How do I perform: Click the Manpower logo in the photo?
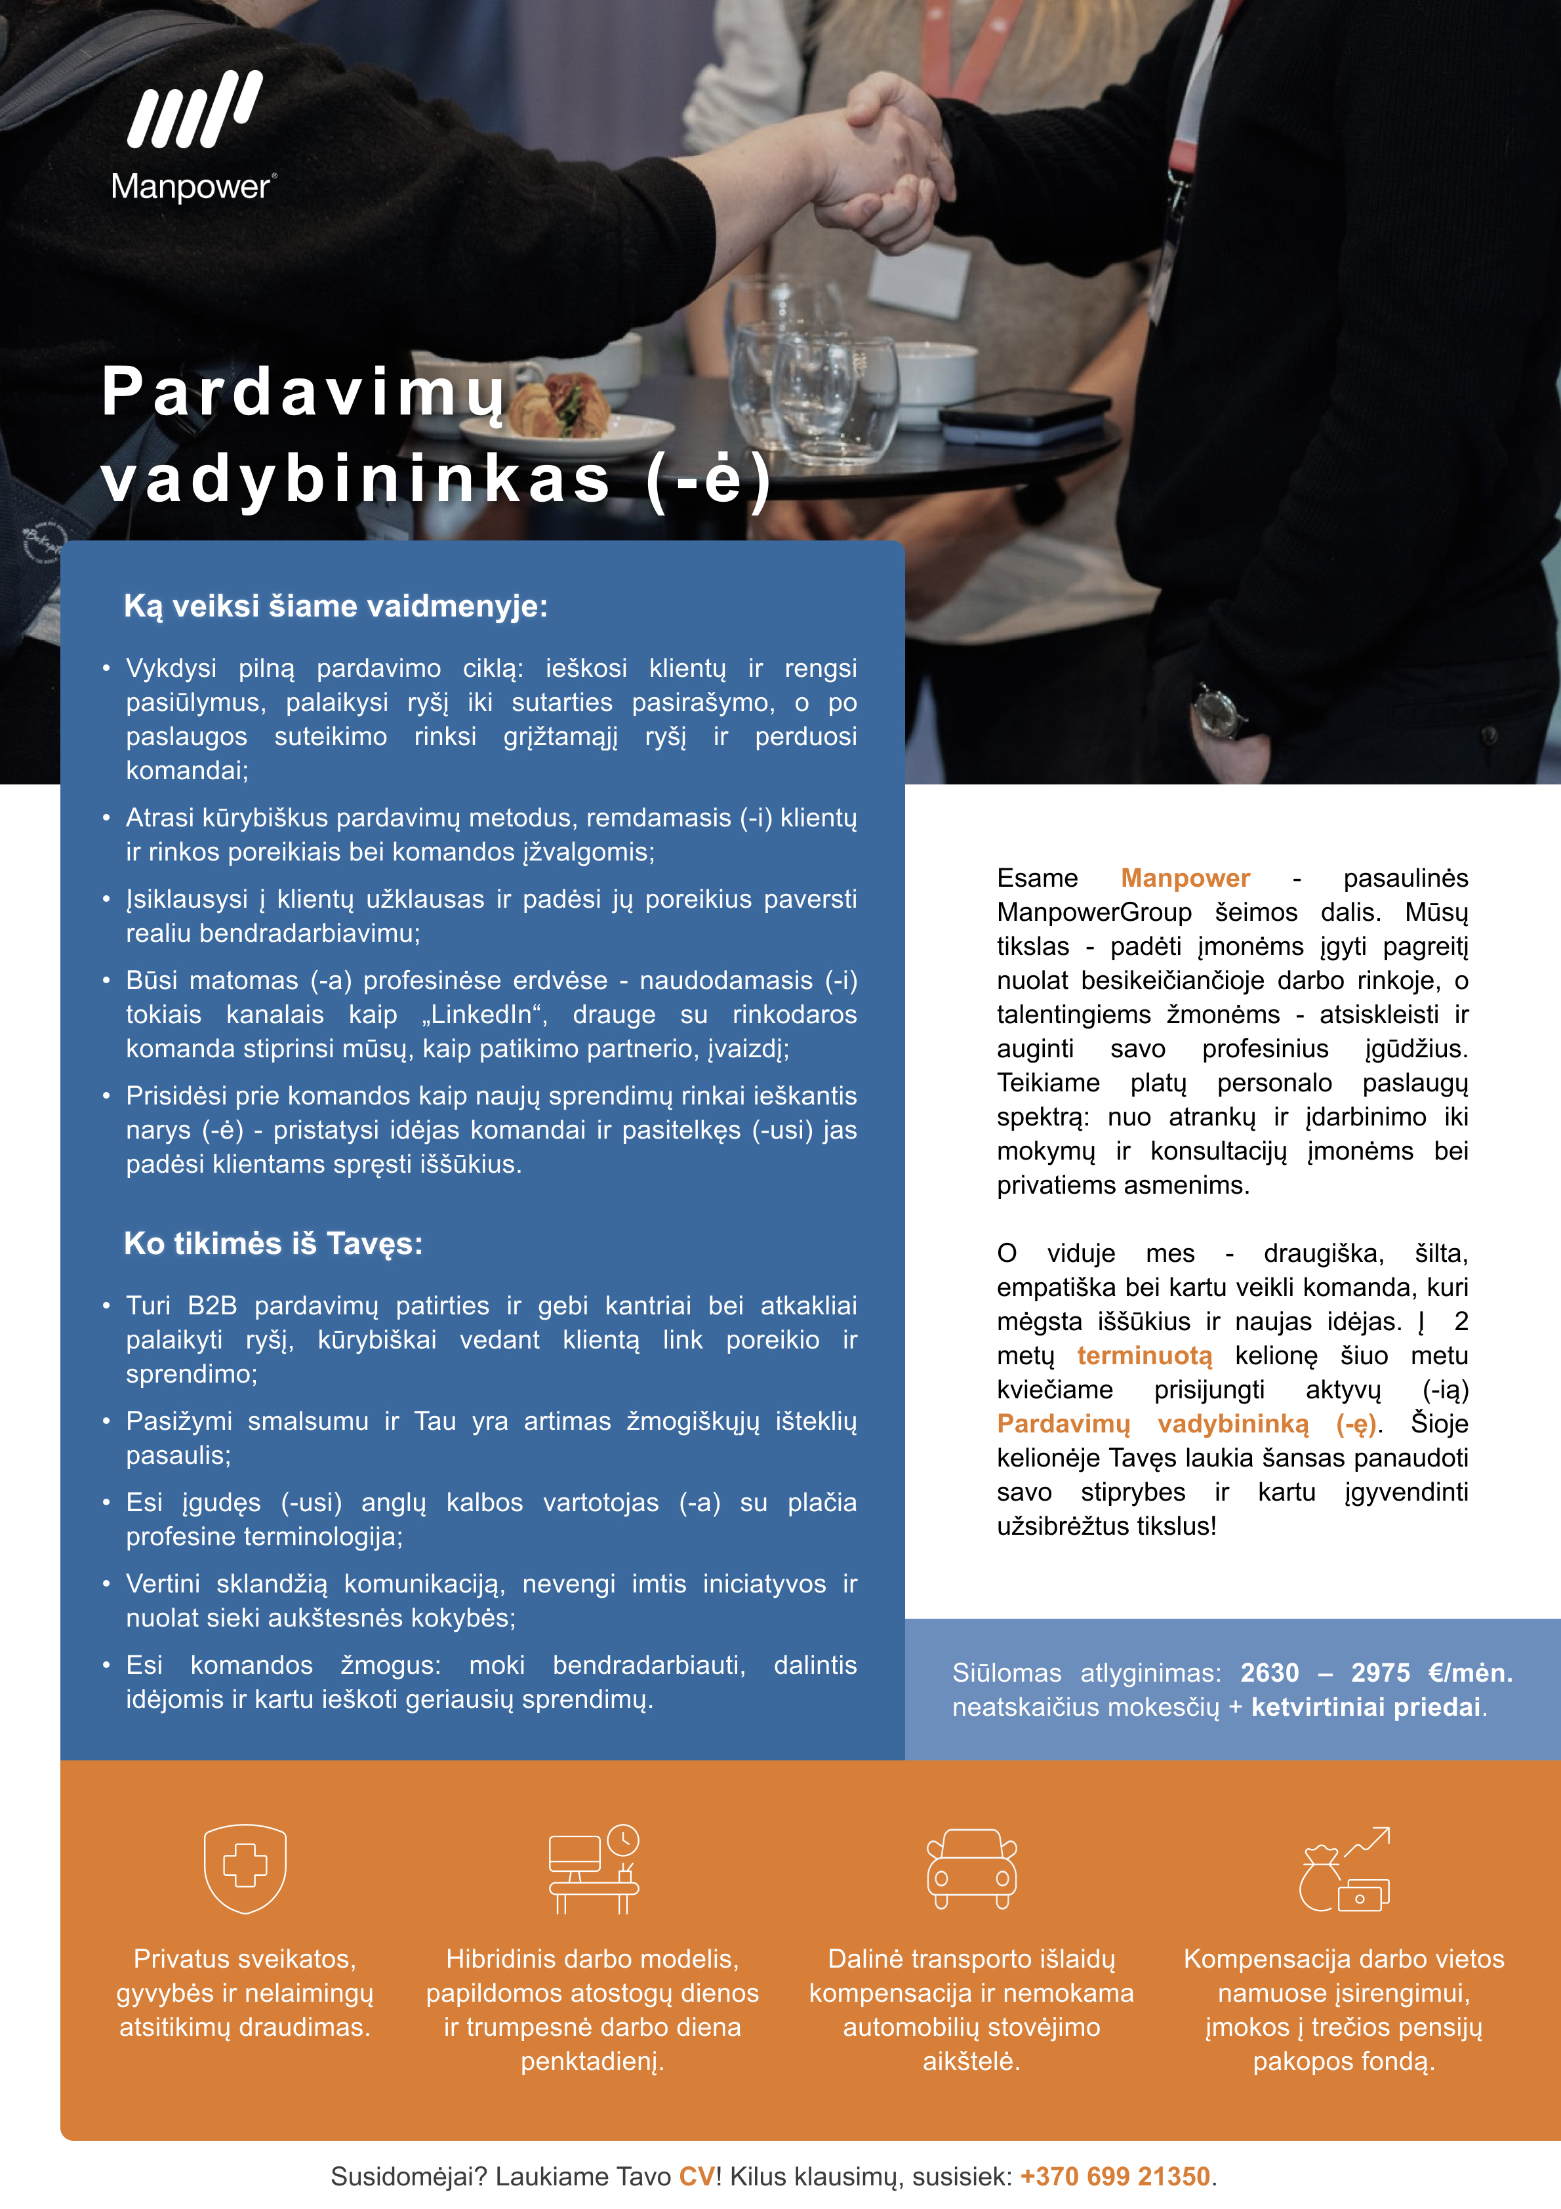point(194,134)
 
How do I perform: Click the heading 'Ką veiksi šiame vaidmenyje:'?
point(336,606)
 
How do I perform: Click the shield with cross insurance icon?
point(245,1869)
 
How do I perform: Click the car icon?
point(971,1869)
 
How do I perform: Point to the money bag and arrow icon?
point(1345,1869)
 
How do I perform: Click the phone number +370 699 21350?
point(1114,2176)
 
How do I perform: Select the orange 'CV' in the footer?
point(697,2176)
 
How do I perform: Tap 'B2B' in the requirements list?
point(212,1306)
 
